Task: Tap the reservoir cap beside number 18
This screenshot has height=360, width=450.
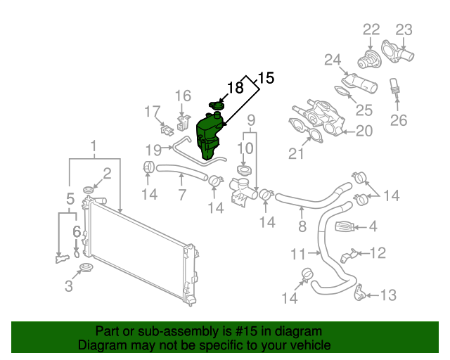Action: pyautogui.click(x=217, y=105)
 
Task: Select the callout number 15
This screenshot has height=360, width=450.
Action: pyautogui.click(x=266, y=78)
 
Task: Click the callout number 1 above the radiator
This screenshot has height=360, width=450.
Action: pyautogui.click(x=94, y=148)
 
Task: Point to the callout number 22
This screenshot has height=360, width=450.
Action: pyautogui.click(x=371, y=30)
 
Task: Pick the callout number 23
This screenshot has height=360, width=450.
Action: pyautogui.click(x=404, y=30)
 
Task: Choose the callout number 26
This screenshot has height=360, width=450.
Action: pyautogui.click(x=399, y=120)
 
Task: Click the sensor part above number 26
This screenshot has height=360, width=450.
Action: pyautogui.click(x=394, y=88)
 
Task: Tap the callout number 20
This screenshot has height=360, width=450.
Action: pyautogui.click(x=364, y=130)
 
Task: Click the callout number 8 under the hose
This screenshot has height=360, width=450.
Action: pyautogui.click(x=302, y=226)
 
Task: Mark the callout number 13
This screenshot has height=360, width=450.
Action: pyautogui.click(x=389, y=295)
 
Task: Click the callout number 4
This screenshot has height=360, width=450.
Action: pyautogui.click(x=373, y=226)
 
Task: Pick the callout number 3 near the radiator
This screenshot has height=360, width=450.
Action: pyautogui.click(x=68, y=286)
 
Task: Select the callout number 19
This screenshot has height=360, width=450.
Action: pyautogui.click(x=154, y=148)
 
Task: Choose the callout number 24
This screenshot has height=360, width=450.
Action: pyautogui.click(x=332, y=60)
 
